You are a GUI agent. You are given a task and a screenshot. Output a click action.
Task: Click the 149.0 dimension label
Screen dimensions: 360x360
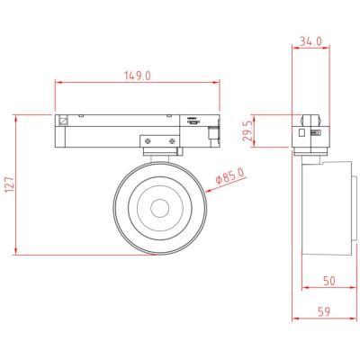click(138, 76)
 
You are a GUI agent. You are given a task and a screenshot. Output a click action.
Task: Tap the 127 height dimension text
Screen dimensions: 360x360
click(9, 184)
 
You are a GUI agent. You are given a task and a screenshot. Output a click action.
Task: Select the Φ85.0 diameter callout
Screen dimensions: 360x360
click(230, 176)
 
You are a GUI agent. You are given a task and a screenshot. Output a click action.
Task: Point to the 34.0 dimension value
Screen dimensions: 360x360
click(310, 41)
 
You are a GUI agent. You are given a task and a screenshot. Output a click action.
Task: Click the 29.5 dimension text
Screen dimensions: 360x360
click(247, 131)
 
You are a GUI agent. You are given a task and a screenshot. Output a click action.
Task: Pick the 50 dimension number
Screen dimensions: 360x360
click(328, 281)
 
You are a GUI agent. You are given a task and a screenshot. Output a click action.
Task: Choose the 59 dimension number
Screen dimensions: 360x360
click(323, 311)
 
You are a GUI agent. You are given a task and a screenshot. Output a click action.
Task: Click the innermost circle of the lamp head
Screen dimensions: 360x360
click(160, 208)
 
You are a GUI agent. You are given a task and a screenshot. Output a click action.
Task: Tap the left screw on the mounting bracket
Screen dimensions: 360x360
click(148, 140)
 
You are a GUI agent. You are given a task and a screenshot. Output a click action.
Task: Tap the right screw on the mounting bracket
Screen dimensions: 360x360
click(172, 140)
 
